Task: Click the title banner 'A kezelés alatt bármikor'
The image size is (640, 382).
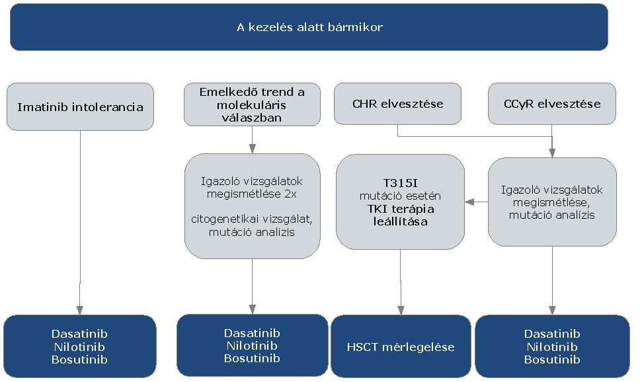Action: click(309, 27)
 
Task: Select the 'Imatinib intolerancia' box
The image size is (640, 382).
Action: click(80, 106)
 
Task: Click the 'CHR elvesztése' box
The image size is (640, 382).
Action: click(397, 104)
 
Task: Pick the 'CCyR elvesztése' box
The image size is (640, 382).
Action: click(553, 104)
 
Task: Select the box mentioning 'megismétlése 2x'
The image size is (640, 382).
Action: click(251, 206)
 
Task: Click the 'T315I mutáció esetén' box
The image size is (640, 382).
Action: click(399, 202)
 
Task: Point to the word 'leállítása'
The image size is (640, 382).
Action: click(399, 221)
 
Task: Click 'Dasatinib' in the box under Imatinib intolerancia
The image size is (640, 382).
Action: click(79, 334)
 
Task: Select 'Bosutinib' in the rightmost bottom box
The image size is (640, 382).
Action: click(552, 360)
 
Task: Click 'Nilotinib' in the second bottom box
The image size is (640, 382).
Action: click(251, 346)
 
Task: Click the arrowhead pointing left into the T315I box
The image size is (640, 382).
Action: click(469, 202)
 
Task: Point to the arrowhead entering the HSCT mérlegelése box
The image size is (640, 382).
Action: click(400, 310)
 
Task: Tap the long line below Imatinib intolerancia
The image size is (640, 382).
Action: click(80, 218)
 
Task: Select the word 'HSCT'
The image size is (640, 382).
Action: click(361, 347)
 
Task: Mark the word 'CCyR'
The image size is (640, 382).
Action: click(518, 104)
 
